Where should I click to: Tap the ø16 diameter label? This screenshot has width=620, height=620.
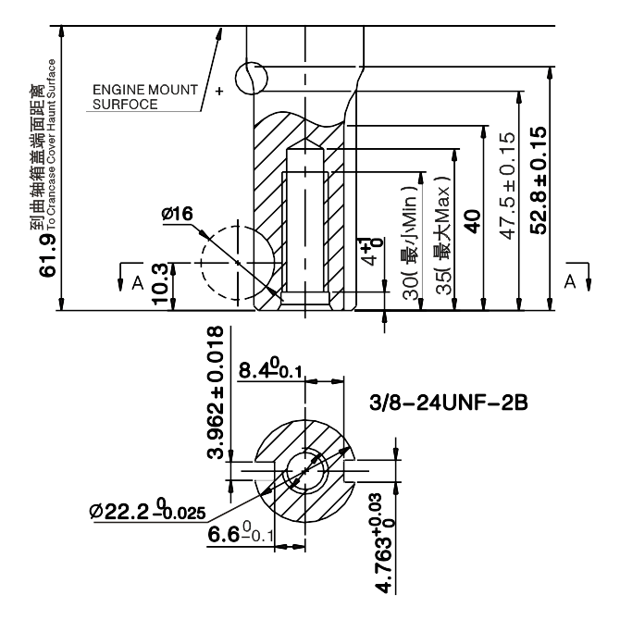coord(177,214)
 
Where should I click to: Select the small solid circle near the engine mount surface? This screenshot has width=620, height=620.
coord(251,77)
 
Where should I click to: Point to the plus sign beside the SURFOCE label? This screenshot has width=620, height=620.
coord(219,92)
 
